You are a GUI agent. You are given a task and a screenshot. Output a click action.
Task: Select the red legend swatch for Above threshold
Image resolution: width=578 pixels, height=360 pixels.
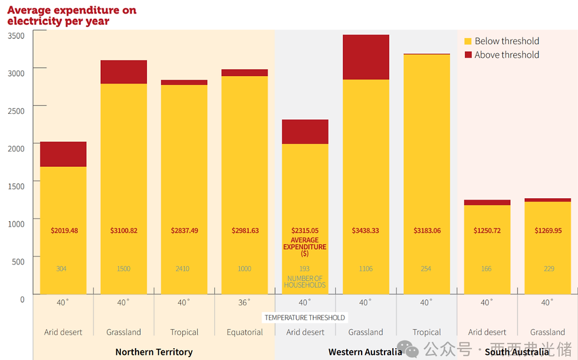[468, 55]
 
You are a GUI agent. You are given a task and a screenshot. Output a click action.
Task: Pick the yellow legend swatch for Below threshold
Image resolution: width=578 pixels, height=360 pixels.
[468, 41]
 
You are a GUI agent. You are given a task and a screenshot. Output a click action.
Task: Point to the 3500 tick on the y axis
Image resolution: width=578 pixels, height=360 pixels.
[17, 35]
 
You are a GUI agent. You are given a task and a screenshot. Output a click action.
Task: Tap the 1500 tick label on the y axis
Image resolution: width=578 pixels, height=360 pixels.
[17, 186]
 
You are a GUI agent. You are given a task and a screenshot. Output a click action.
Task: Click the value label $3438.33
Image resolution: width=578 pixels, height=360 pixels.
[366, 230]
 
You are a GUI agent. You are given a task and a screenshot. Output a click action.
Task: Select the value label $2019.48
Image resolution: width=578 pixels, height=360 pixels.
[63, 230]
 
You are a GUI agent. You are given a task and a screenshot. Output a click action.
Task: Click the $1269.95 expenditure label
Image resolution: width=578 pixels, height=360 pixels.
[547, 230]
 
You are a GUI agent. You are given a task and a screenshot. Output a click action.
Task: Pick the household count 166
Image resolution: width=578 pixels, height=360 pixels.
[487, 269]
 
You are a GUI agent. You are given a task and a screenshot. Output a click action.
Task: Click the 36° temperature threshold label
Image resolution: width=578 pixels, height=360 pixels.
[245, 303]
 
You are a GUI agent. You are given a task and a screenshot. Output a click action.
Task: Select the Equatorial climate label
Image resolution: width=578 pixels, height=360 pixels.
[245, 332]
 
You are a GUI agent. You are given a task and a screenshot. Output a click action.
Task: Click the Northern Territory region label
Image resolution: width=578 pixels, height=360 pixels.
[154, 352]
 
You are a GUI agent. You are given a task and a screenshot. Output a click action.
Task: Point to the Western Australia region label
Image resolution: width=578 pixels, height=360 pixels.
[365, 352]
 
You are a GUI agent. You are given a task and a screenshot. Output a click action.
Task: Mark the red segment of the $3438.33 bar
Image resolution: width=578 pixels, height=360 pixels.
[366, 57]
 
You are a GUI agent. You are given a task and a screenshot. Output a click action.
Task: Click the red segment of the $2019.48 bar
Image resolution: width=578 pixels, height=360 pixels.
[63, 154]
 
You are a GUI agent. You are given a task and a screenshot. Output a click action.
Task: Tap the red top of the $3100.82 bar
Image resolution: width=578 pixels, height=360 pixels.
[124, 72]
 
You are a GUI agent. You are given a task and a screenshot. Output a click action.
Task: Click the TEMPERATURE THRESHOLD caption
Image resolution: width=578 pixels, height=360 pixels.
[305, 318]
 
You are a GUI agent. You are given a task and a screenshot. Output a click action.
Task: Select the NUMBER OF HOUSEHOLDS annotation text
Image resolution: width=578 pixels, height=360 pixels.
[305, 282]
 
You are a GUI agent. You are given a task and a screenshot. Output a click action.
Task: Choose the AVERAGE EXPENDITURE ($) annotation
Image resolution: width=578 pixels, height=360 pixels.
[305, 247]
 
